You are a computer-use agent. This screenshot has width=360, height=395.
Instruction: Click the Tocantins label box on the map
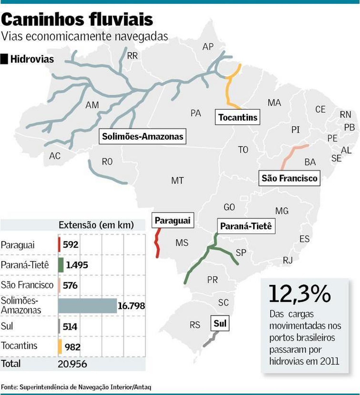238,117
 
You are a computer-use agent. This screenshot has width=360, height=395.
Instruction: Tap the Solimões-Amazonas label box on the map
142,137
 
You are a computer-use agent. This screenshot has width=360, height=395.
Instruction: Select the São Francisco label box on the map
289,178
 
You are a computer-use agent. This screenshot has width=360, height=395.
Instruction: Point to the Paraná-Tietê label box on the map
246,226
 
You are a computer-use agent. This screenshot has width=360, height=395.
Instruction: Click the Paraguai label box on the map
172,221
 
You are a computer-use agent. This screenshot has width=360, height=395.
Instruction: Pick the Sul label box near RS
220,323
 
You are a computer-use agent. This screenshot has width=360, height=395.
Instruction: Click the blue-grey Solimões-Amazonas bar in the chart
87,306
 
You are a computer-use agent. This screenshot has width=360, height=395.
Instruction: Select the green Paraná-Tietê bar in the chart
61,265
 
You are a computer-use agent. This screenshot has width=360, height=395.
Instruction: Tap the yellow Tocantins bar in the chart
60,347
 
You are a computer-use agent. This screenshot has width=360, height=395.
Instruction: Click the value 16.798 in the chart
131,306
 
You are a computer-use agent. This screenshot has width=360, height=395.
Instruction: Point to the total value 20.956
72,364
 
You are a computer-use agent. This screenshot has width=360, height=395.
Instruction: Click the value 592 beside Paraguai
70,245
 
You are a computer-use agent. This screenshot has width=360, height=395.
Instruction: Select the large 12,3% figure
299,294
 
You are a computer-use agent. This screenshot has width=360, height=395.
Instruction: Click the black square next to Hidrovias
4,59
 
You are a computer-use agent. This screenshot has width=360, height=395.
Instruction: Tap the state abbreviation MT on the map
177,181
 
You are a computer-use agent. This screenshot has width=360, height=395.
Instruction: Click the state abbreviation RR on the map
132,56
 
